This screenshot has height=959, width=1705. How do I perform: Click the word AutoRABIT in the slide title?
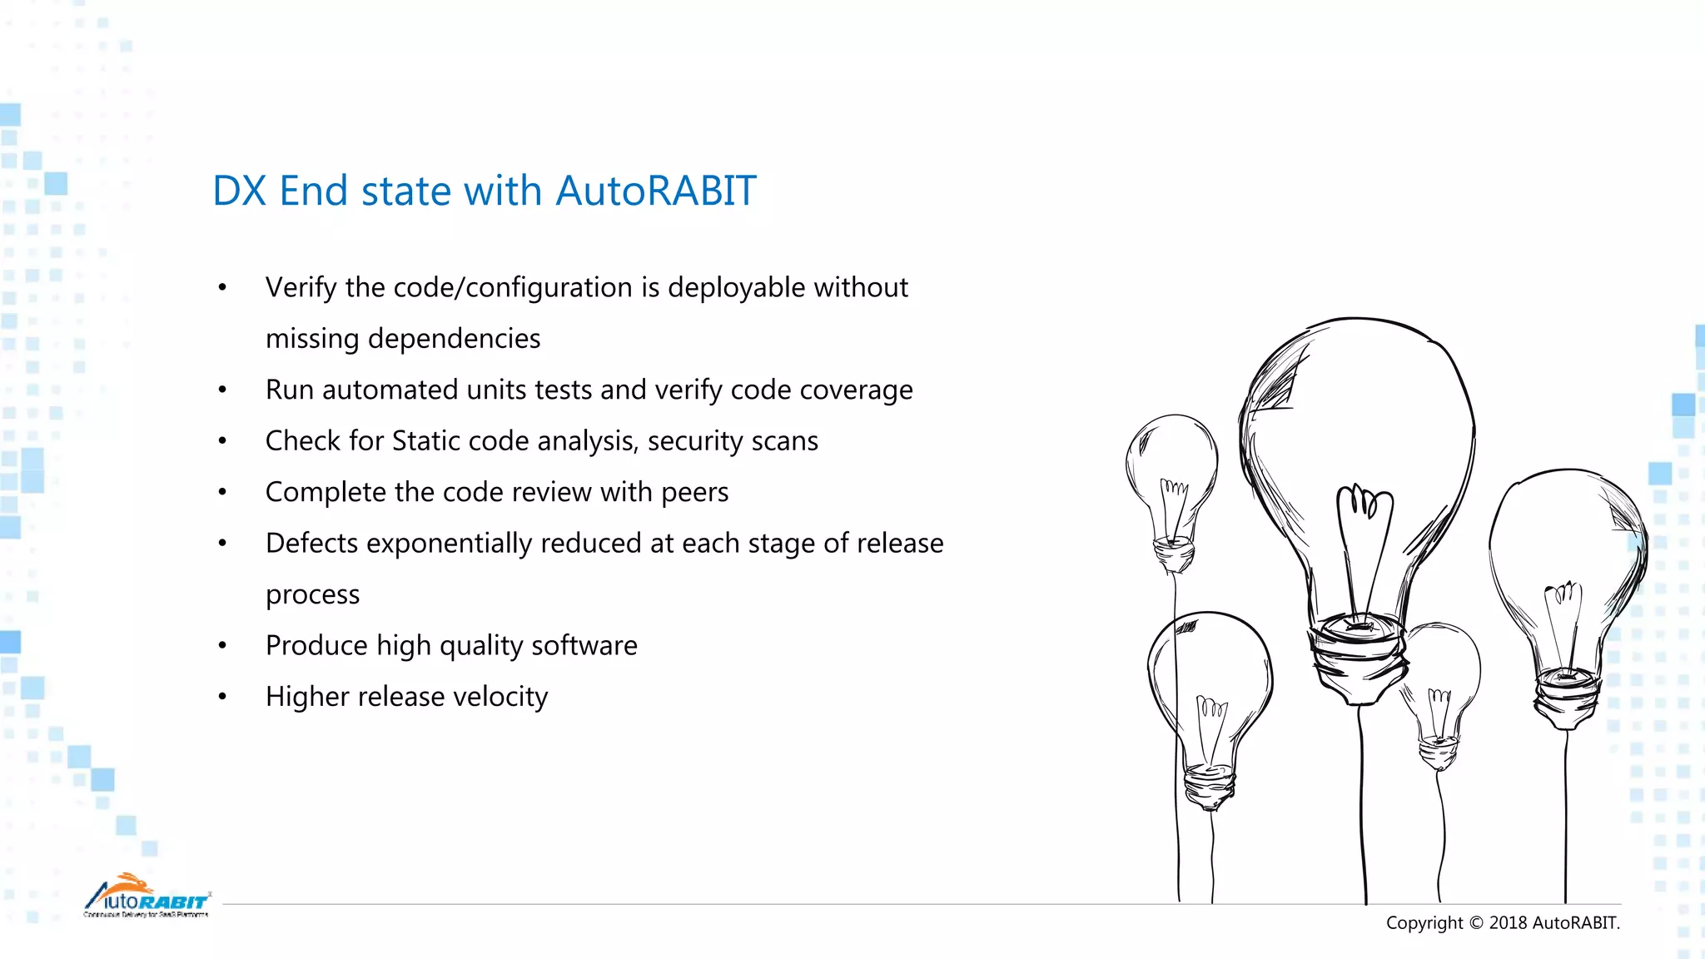point(655,191)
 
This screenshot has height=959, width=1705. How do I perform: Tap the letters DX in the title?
point(239,191)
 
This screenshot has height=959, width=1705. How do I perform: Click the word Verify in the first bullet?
point(301,288)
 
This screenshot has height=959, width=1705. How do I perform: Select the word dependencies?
point(454,339)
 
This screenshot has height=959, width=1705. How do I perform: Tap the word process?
point(312,595)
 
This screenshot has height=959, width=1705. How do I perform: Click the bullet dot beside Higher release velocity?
point(222,697)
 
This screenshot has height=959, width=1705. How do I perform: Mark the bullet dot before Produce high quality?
point(222,646)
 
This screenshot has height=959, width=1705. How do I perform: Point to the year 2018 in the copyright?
point(1508,922)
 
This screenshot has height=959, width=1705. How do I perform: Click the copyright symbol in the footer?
point(1476,922)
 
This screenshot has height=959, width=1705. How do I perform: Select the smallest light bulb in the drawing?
point(1439,691)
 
